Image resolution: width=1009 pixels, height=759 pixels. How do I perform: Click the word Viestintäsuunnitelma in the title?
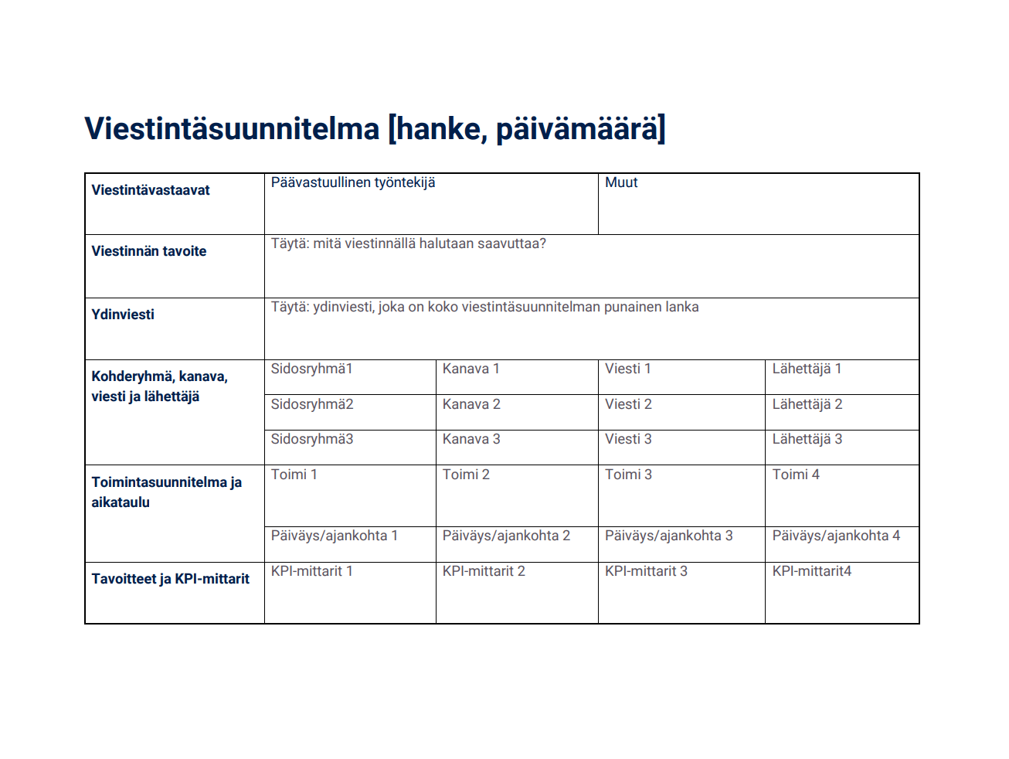click(x=232, y=129)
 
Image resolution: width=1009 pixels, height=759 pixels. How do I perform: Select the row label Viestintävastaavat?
click(x=151, y=190)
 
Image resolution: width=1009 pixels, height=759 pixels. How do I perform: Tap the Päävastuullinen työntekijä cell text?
click(x=353, y=182)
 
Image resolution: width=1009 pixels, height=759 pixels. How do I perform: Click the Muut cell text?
click(x=621, y=182)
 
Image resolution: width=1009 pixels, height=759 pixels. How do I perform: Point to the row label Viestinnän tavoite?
click(x=149, y=251)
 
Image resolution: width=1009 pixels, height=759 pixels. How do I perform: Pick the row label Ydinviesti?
click(x=123, y=315)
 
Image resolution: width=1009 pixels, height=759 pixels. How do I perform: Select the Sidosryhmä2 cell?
click(x=312, y=404)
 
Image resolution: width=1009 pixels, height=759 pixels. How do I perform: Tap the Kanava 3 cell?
click(x=471, y=439)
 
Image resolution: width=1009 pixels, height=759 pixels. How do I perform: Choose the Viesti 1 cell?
click(x=628, y=369)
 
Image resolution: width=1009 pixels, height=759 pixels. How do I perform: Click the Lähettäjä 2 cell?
click(x=807, y=404)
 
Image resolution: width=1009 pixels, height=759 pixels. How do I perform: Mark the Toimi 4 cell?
click(x=796, y=475)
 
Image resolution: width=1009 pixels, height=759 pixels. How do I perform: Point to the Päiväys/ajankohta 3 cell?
click(x=669, y=536)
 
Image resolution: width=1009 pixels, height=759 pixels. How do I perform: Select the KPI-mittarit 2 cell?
click(x=484, y=571)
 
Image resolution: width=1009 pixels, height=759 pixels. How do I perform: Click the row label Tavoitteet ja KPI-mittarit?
click(x=171, y=579)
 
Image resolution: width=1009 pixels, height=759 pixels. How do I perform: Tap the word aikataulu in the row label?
click(x=121, y=502)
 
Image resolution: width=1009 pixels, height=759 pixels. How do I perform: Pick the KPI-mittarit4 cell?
click(x=812, y=571)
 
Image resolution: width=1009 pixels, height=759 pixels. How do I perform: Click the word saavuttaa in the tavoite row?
click(x=509, y=243)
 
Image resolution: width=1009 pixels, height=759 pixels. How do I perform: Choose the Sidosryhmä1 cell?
click(x=312, y=369)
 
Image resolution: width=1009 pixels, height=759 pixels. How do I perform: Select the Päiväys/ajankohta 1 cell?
click(x=335, y=536)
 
